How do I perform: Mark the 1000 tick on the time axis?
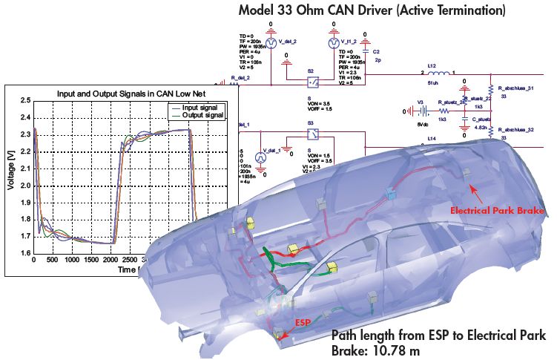pyautogui.click(x=72, y=261)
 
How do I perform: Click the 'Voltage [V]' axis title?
pyautogui.click(x=11, y=177)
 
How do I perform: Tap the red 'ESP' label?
pyautogui.click(x=303, y=323)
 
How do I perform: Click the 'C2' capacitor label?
pyautogui.click(x=378, y=51)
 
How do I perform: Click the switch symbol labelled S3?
pyautogui.click(x=312, y=134)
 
